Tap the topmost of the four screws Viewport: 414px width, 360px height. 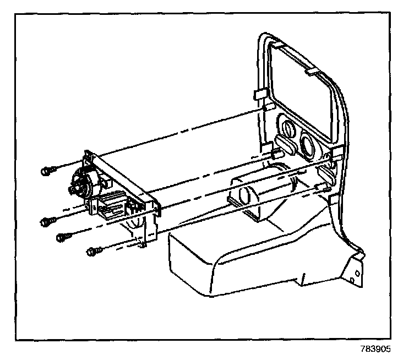(46, 171)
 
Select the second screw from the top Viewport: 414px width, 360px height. (46, 221)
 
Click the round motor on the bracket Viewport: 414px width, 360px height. (81, 183)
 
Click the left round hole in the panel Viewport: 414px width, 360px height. (287, 130)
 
